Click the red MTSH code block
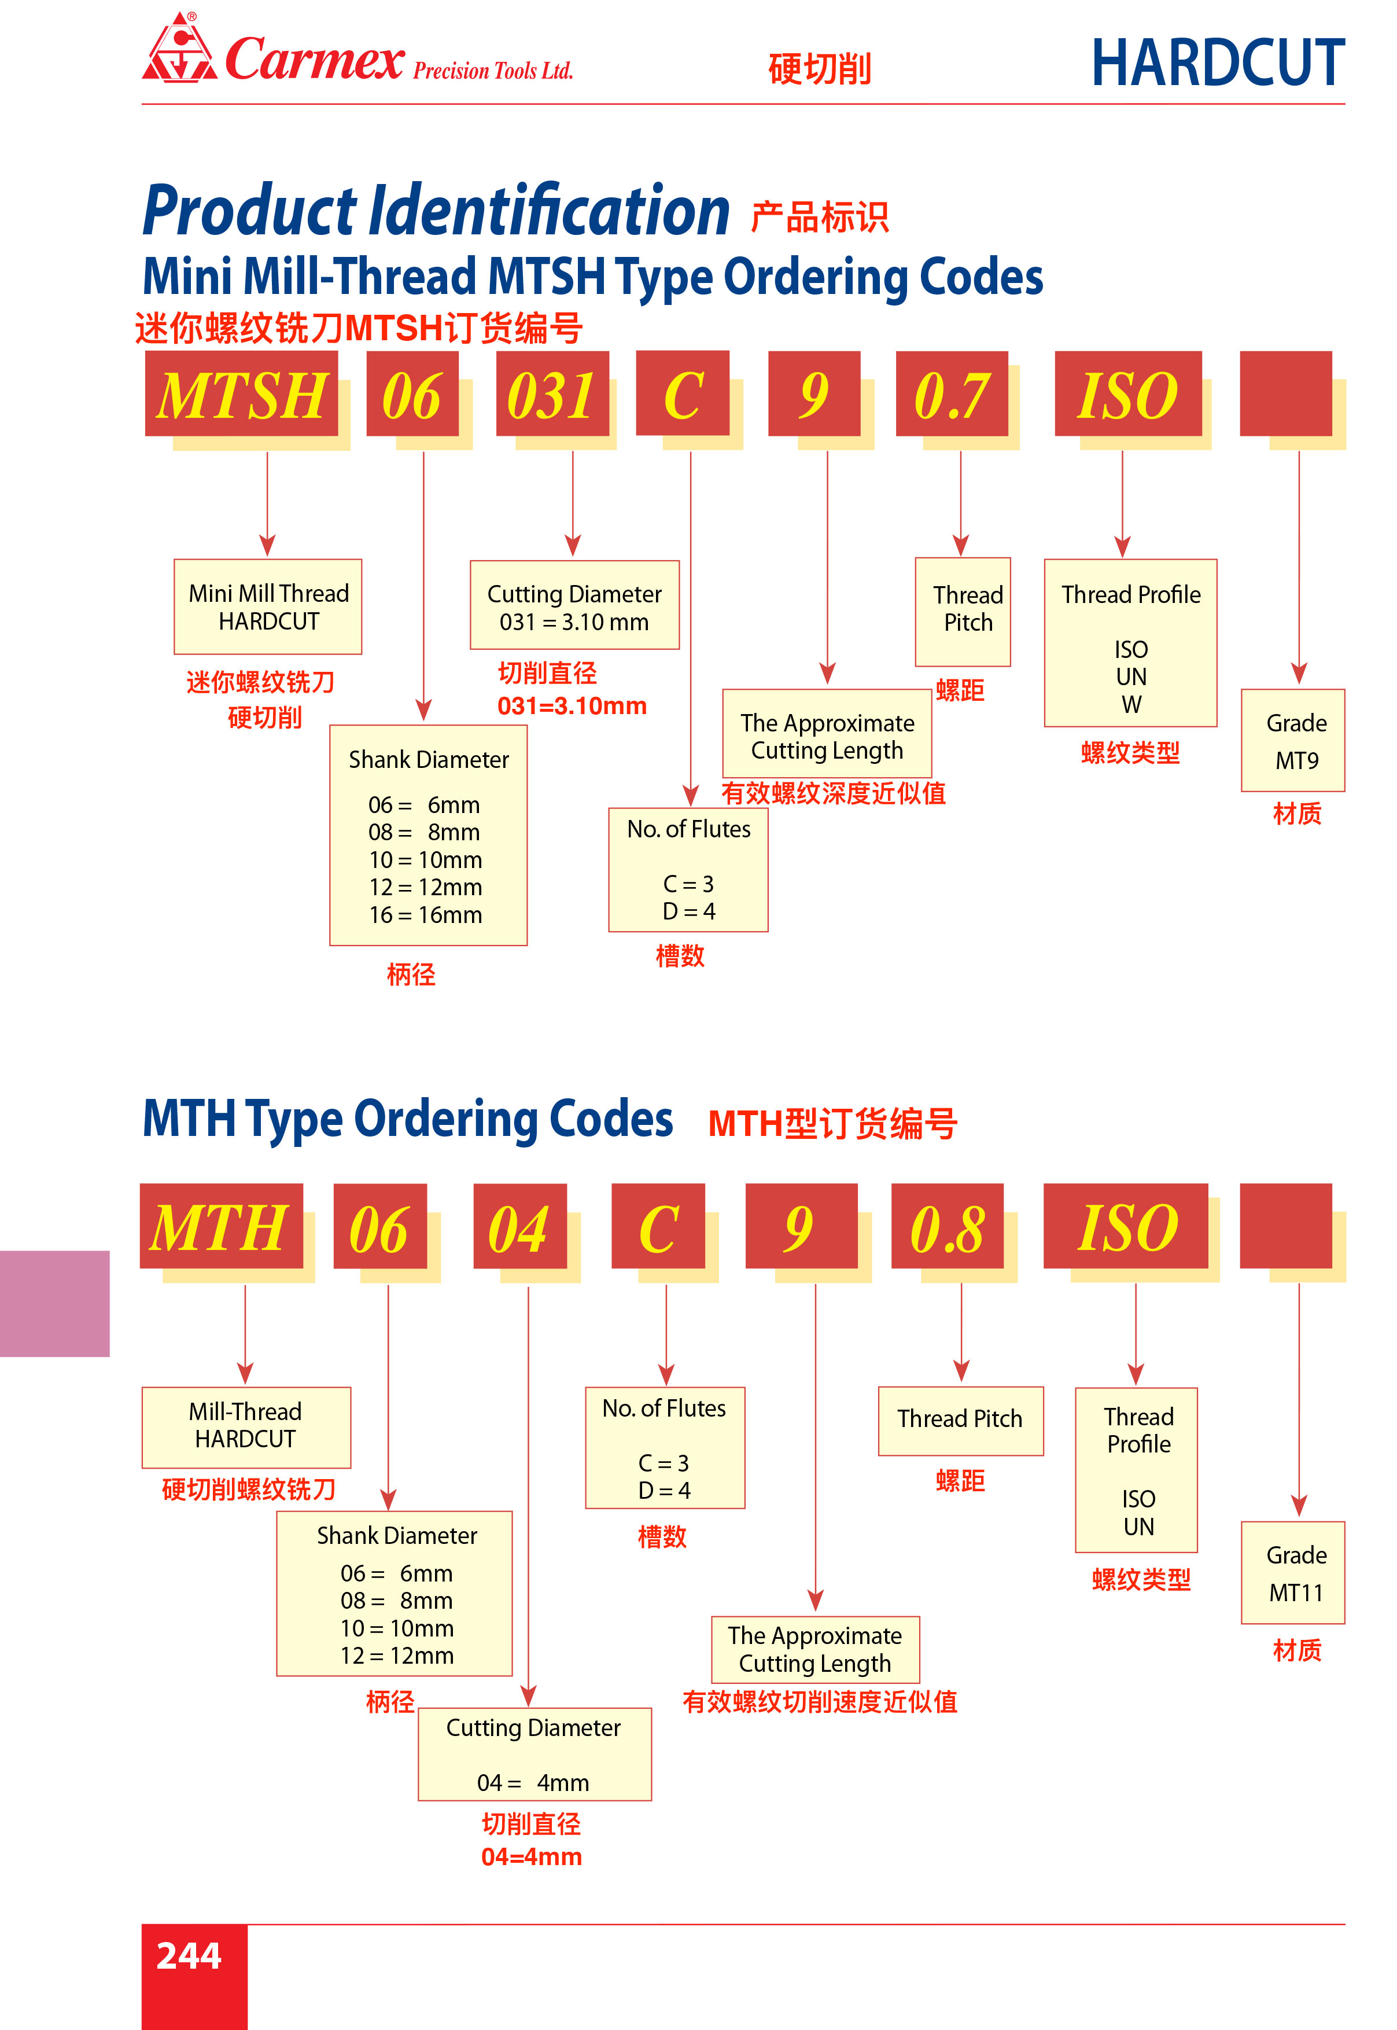[242, 394]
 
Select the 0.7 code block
[952, 394]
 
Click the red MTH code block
[220, 1226]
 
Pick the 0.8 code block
[946, 1226]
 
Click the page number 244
[189, 1955]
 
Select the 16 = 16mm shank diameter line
[425, 915]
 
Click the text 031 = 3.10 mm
[574, 623]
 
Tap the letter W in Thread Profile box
[1131, 705]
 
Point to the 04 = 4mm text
[533, 1782]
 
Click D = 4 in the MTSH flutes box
[689, 911]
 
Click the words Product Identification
[436, 211]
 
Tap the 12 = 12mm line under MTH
[397, 1656]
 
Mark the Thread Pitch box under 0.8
[960, 1419]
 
